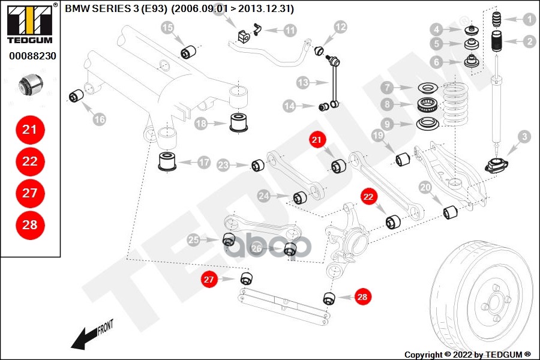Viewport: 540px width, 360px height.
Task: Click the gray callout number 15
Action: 167,27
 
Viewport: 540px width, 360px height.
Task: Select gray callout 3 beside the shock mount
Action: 524,137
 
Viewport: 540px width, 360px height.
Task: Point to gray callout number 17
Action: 204,162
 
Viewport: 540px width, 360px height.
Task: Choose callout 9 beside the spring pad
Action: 388,124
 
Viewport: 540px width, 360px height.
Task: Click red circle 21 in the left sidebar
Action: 29,129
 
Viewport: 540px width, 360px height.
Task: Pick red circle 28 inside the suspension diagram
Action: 361,296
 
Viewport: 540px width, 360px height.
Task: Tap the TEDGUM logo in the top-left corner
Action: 29,24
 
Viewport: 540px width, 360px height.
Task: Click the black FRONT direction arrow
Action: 90,335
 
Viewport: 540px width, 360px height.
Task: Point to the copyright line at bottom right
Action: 467,354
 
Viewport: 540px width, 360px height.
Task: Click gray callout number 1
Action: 529,19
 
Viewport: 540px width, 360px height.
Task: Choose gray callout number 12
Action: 340,27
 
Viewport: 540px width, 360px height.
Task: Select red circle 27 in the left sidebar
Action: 29,193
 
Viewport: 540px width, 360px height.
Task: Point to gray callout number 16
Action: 99,119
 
